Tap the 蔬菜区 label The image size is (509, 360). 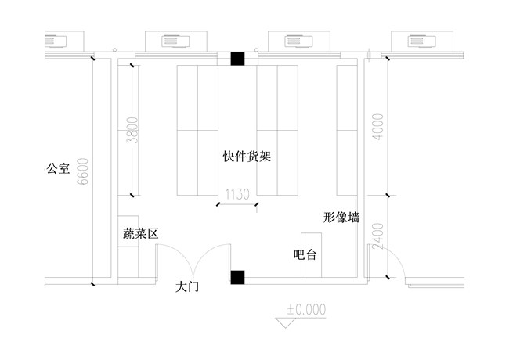click(141, 233)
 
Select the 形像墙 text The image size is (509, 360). click(341, 218)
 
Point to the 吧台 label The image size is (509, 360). click(305, 255)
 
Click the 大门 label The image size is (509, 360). click(188, 287)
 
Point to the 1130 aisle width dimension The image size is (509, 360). click(237, 193)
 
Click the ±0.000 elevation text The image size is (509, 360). click(305, 308)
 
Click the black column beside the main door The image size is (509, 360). click(237, 275)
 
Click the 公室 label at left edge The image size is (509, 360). click(59, 168)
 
